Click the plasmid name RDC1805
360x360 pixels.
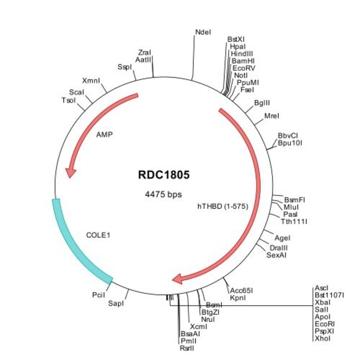(x=163, y=175)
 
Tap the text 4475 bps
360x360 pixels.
(x=163, y=194)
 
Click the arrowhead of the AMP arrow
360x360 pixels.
(x=70, y=173)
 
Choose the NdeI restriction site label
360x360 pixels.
(x=203, y=33)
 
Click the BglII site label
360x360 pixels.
(x=262, y=103)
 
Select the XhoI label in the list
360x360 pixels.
(x=322, y=338)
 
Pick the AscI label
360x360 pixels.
(x=321, y=288)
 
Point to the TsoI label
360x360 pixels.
(x=69, y=100)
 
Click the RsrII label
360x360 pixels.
(x=187, y=348)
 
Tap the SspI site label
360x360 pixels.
(x=124, y=67)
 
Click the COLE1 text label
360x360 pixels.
(x=98, y=235)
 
